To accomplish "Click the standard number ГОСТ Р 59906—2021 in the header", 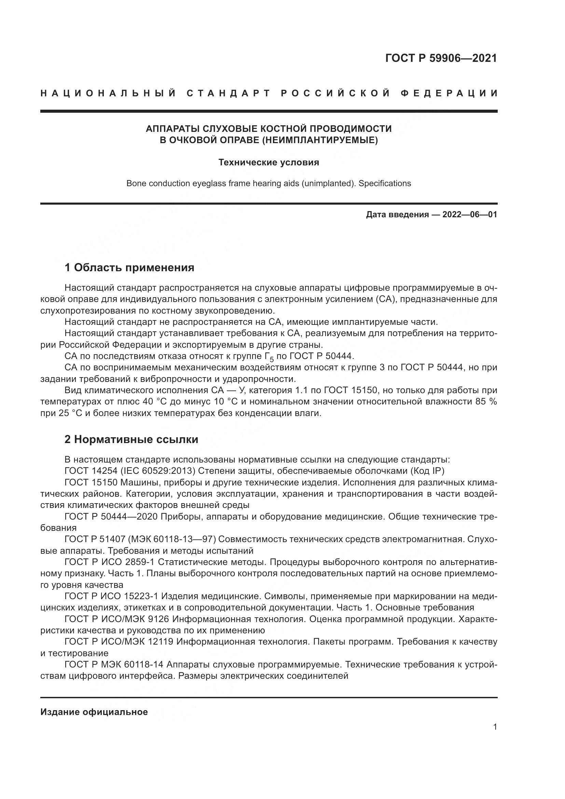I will point(441,58).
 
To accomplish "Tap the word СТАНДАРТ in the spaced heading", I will point(229,93).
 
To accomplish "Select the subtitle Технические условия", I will point(268,163).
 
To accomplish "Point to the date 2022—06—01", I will point(469,215).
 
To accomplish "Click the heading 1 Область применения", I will point(129,267).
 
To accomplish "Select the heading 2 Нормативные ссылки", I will point(131,440).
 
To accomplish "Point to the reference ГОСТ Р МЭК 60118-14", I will point(114,665).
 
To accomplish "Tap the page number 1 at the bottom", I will point(495,737).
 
